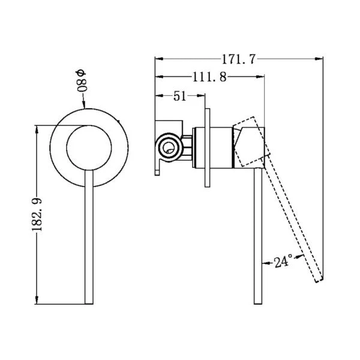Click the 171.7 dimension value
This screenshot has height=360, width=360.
[x=238, y=59]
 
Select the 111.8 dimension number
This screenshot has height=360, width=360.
[x=209, y=77]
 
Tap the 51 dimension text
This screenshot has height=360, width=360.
[x=179, y=96]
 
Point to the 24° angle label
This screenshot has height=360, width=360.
[x=284, y=262]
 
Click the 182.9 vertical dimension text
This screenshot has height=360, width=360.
[x=37, y=214]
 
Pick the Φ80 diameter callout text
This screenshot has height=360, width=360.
[x=81, y=81]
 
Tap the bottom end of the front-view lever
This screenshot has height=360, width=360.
[x=89, y=304]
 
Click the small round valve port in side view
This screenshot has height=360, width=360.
[x=169, y=147]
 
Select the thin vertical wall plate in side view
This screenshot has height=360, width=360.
[x=207, y=148]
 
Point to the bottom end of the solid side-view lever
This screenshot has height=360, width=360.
[x=258, y=303]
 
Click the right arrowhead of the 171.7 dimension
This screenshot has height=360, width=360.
[x=319, y=59]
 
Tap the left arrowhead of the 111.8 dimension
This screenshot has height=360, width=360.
[x=159, y=77]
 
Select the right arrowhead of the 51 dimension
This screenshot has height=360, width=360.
[x=200, y=95]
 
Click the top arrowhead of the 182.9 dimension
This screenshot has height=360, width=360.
[x=37, y=130]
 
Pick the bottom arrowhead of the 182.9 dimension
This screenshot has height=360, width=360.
[x=37, y=300]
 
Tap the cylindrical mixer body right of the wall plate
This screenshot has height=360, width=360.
[x=221, y=148]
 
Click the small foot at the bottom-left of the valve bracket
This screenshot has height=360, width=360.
[x=157, y=172]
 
